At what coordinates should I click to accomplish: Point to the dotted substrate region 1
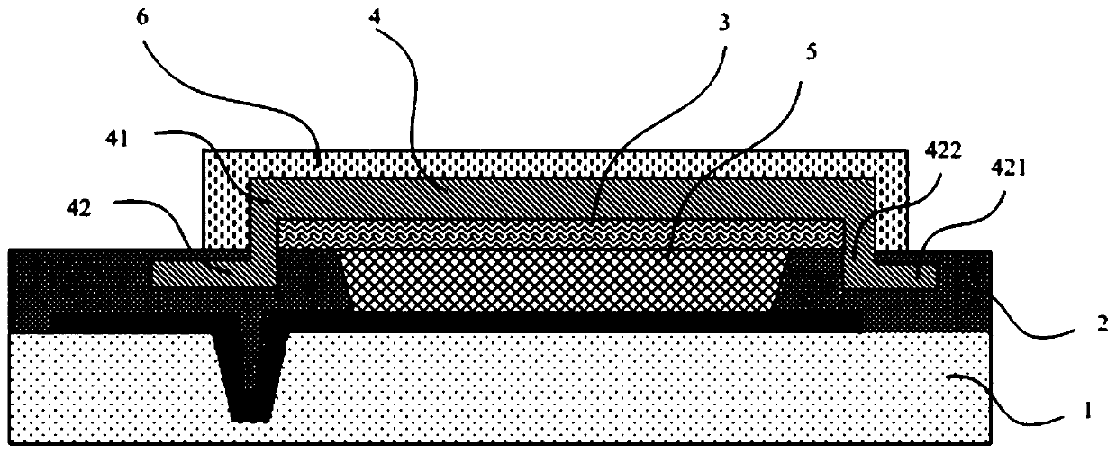tap(631, 387)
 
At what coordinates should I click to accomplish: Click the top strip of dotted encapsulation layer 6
tap(558, 162)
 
